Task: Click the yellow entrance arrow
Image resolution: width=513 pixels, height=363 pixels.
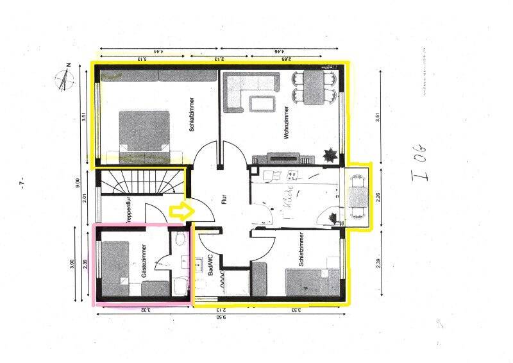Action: click(179, 211)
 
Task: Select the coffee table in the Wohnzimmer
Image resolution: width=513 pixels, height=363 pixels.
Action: click(262, 103)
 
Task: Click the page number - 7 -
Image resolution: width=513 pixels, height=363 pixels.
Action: click(22, 183)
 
